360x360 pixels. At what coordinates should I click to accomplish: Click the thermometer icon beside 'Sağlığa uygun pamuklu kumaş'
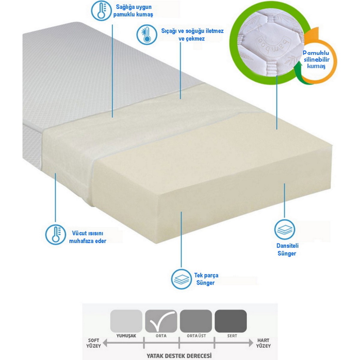coord(101,10)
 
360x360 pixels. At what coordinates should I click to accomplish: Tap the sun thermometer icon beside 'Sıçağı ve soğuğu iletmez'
coord(146,35)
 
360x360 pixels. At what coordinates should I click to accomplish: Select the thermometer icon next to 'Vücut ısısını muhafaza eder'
coord(56,235)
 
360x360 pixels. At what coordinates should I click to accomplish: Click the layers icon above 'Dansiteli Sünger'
coord(284,229)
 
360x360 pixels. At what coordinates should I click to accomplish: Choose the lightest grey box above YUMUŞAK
coord(126,321)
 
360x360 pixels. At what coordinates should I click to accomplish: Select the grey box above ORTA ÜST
coord(196,321)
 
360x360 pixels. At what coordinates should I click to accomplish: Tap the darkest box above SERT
coord(231,321)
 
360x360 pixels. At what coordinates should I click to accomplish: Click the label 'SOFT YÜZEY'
coord(94,343)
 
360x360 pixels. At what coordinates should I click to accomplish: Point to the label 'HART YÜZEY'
coord(263,343)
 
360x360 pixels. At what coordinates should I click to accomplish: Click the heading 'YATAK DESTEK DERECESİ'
coord(179,355)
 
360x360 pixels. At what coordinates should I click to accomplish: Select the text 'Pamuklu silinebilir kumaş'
coord(316,60)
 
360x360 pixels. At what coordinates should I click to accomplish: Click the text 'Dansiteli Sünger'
coord(287,250)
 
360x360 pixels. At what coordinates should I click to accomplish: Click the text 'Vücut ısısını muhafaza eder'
coord(88,237)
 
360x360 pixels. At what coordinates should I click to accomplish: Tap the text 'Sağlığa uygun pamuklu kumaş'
coord(133,10)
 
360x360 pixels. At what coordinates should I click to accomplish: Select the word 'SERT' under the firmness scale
coord(232,336)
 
